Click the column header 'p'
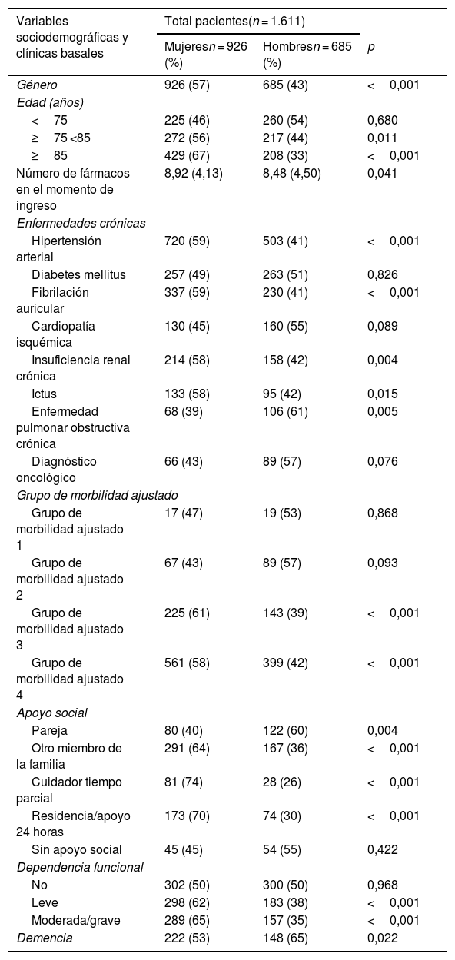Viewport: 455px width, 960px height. pyautogui.click(x=371, y=47)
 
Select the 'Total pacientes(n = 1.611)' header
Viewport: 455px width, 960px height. pyautogui.click(x=234, y=21)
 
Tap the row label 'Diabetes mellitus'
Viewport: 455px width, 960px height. pyautogui.click(x=79, y=274)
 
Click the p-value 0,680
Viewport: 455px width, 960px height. pyautogui.click(x=383, y=120)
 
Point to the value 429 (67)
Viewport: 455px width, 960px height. pyautogui.click(x=188, y=155)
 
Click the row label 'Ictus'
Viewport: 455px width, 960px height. pyautogui.click(x=44, y=394)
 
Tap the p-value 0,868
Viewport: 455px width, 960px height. pyautogui.click(x=383, y=513)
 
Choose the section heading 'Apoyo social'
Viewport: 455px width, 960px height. pyautogui.click(x=51, y=713)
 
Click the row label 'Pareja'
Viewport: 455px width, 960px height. pyautogui.click(x=49, y=730)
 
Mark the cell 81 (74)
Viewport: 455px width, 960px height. pyautogui.click(x=184, y=782)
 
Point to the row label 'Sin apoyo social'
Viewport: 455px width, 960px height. pyautogui.click(x=77, y=849)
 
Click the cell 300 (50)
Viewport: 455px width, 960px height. pyautogui.click(x=285, y=885)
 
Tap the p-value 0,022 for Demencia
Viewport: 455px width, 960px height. pyautogui.click(x=383, y=938)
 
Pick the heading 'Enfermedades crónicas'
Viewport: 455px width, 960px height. pyautogui.click(x=81, y=223)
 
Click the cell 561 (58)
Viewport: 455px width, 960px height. pyautogui.click(x=188, y=663)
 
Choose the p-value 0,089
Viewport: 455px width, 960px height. pyautogui.click(x=383, y=326)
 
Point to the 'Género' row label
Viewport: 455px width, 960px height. pyautogui.click(x=37, y=85)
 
